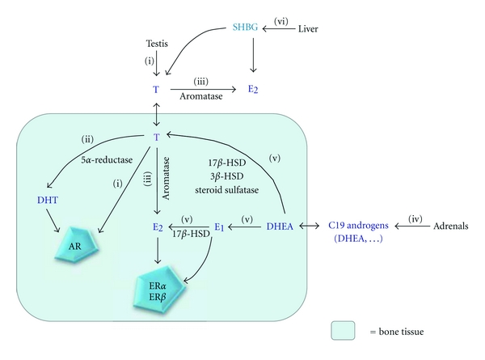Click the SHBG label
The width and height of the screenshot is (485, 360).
coord(245,28)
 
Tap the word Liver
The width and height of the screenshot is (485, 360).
coord(308,29)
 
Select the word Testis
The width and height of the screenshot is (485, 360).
coord(157,44)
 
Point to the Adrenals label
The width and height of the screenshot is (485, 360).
coord(451,226)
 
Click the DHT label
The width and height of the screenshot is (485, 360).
coord(48,200)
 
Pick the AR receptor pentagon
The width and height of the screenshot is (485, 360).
coord(77,244)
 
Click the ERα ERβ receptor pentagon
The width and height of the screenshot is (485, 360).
coord(159,290)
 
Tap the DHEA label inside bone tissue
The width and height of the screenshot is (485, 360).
coord(280,227)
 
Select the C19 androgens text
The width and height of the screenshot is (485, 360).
coord(358,226)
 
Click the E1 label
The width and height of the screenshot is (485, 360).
coord(219,227)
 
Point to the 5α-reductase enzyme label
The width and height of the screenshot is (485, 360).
coord(107,159)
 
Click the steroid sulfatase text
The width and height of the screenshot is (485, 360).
coord(226,189)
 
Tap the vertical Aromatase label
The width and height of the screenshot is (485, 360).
coord(166,178)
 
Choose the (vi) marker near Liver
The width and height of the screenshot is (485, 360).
coord(280,21)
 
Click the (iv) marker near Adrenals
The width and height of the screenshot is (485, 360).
coord(415,219)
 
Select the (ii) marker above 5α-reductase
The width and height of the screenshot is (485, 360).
coord(87,139)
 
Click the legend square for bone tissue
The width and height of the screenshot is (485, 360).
coord(343,331)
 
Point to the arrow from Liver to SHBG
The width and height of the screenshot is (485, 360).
coord(279,29)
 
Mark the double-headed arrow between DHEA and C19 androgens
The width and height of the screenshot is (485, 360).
coord(310,227)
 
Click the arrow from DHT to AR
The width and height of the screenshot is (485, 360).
coord(53,220)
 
